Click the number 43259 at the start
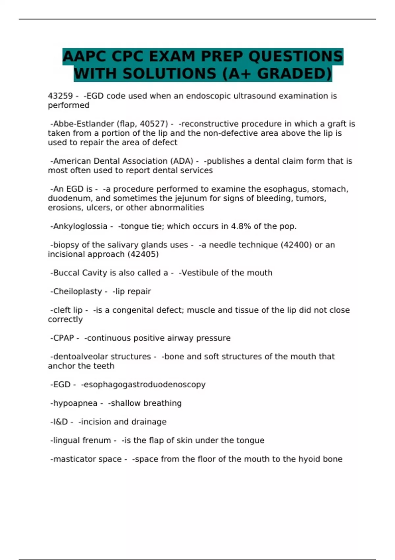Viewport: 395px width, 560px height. [x=60, y=96]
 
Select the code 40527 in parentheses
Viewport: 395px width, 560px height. [x=154, y=124]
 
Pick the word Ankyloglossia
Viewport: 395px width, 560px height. [x=80, y=226]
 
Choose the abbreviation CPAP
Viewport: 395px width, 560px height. [x=64, y=338]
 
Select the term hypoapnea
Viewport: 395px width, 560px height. [x=75, y=403]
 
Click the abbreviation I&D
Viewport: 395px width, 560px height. [x=60, y=422]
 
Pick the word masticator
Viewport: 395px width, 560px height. [x=73, y=459]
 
